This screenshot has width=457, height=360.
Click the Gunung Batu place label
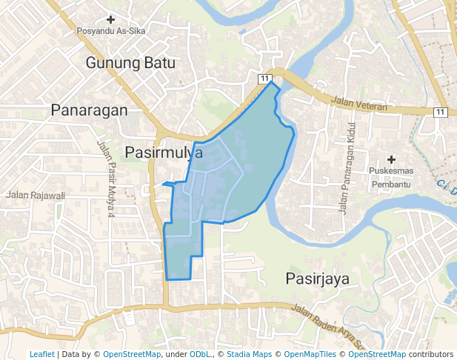pos(130,63)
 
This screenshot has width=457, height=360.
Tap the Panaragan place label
pos(89,110)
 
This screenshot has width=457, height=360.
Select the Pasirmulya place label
pos(164,153)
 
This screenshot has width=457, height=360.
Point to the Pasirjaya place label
pos(317,279)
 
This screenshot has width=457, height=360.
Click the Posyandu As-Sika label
pos(111,31)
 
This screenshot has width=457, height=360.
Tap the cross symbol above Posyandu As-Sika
pos(111,19)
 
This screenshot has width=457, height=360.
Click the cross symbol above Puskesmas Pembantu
pos(392,159)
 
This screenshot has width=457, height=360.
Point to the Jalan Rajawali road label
pos(36,196)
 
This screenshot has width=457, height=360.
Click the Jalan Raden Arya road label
pos(329,324)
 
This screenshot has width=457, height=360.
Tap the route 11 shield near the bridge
pos(264,78)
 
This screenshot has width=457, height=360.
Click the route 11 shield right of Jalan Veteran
pos(441,112)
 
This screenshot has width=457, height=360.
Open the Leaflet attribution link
pos(41,354)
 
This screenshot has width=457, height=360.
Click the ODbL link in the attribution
pos(199,354)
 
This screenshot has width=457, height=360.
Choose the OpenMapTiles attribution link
pos(311,354)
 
